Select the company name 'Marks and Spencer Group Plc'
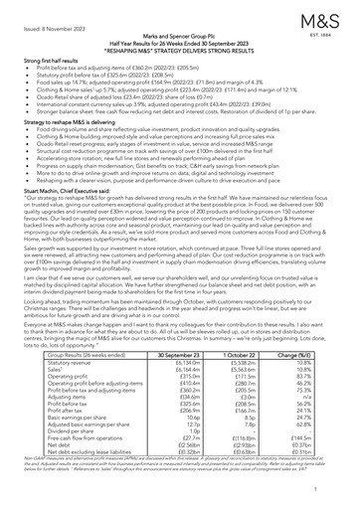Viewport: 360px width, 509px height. [x=179, y=43]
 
